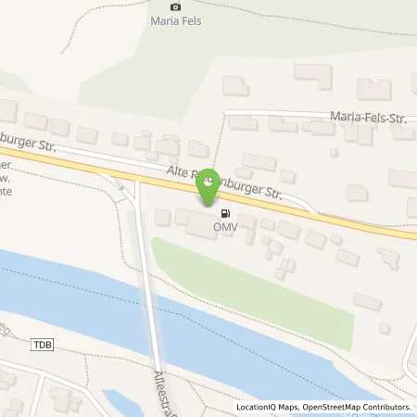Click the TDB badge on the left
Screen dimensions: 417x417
[43, 345]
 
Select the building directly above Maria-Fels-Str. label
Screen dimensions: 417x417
[374, 90]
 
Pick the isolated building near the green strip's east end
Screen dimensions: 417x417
[367, 301]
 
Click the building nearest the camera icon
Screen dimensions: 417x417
[235, 86]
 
